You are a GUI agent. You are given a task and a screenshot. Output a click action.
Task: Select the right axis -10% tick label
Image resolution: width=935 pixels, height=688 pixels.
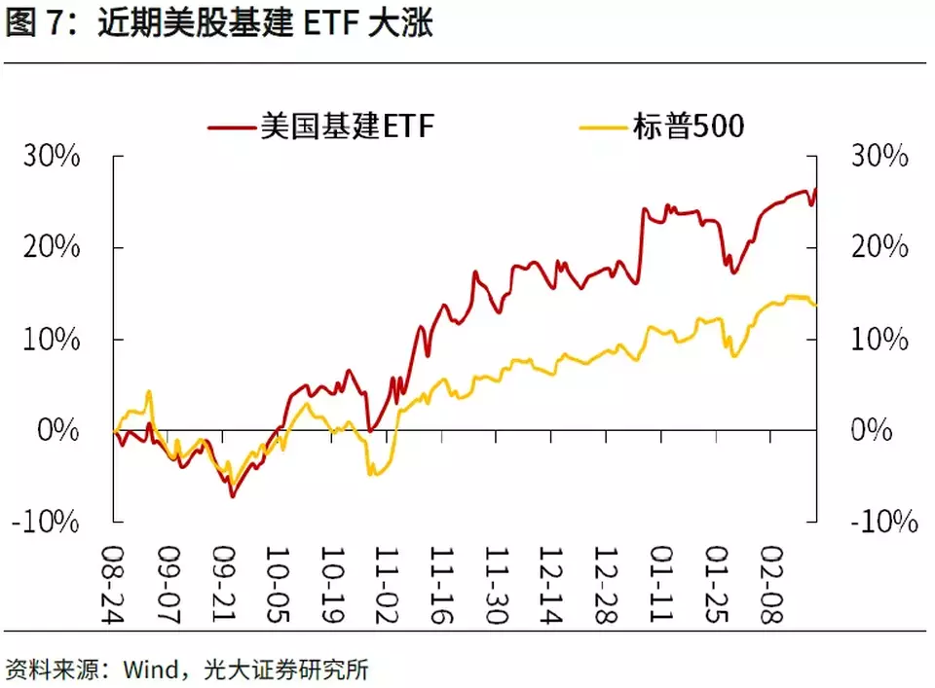(884, 522)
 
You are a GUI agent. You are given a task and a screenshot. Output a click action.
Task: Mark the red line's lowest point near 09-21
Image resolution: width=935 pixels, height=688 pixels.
(232, 496)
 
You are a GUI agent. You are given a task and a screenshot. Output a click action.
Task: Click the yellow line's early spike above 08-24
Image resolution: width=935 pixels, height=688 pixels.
(149, 392)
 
